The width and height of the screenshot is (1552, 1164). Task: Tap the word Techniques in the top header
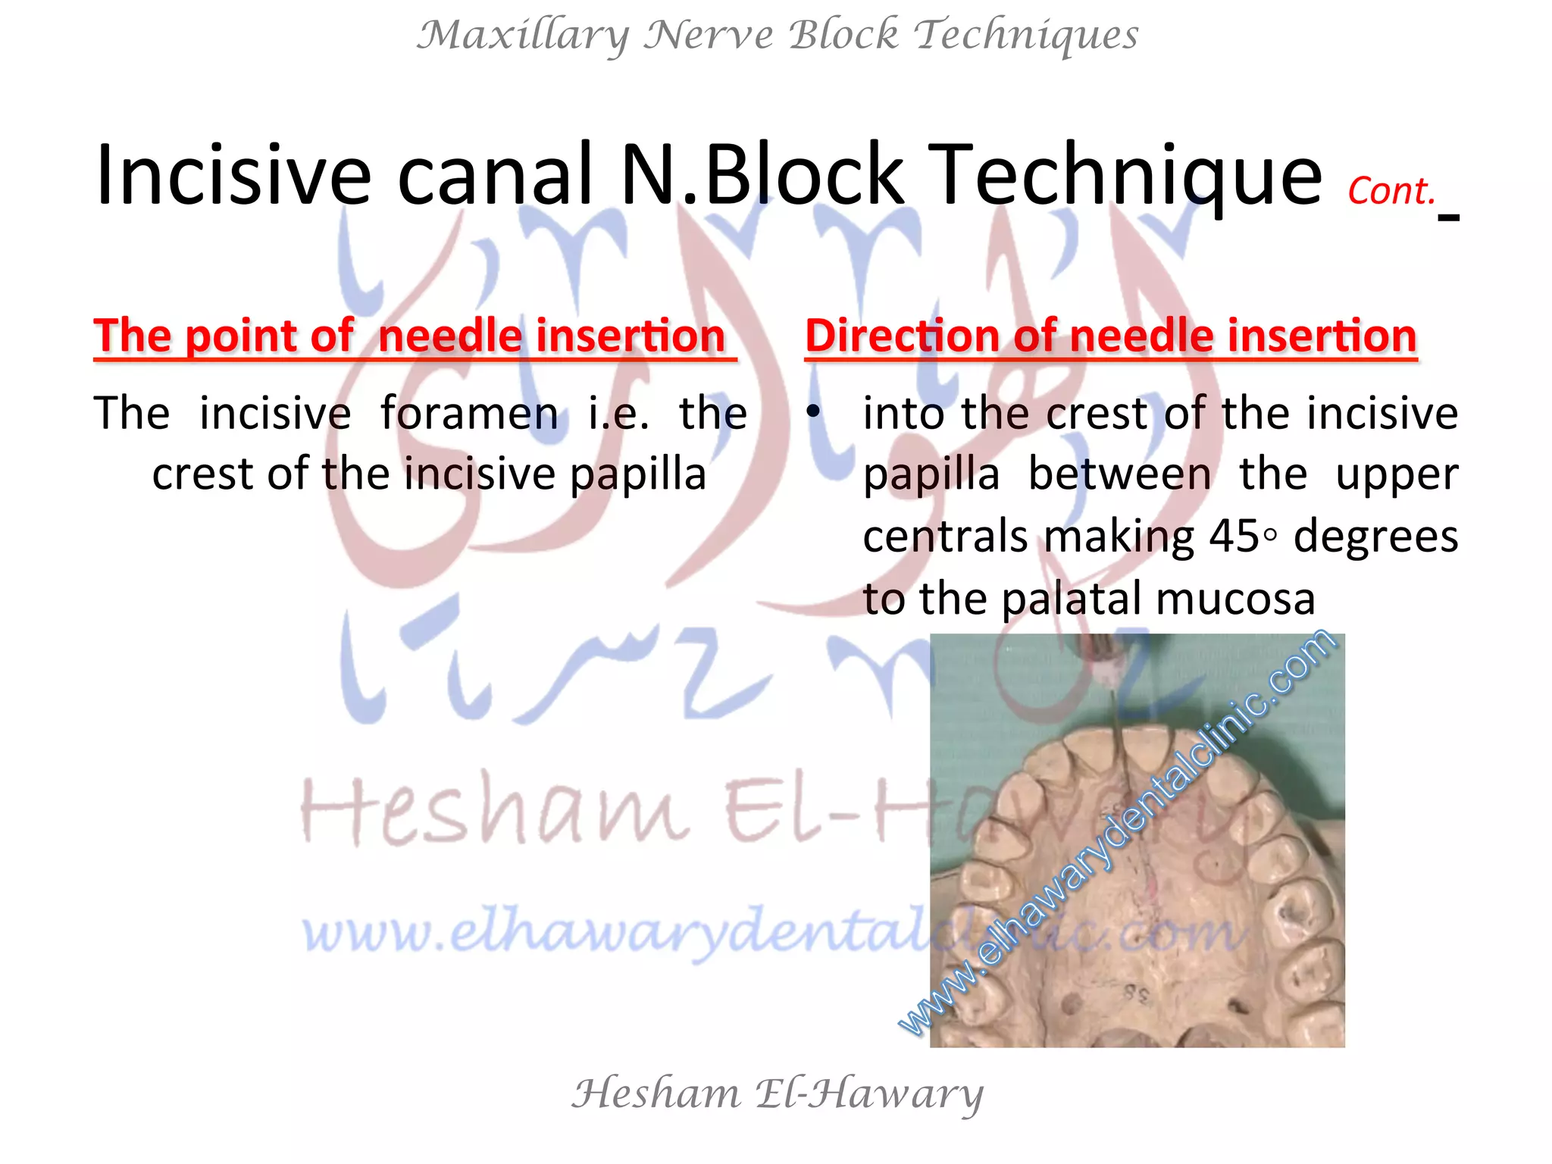[x=1026, y=36]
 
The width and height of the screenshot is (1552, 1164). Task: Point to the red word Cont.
[x=1391, y=192]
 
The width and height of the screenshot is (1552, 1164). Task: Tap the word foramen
[x=469, y=414]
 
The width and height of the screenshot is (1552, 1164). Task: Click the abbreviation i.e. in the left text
[x=618, y=414]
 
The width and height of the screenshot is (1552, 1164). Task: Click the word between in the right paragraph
[x=1119, y=475]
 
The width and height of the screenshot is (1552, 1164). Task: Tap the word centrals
[x=945, y=537]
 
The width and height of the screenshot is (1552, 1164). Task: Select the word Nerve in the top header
[x=708, y=36]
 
